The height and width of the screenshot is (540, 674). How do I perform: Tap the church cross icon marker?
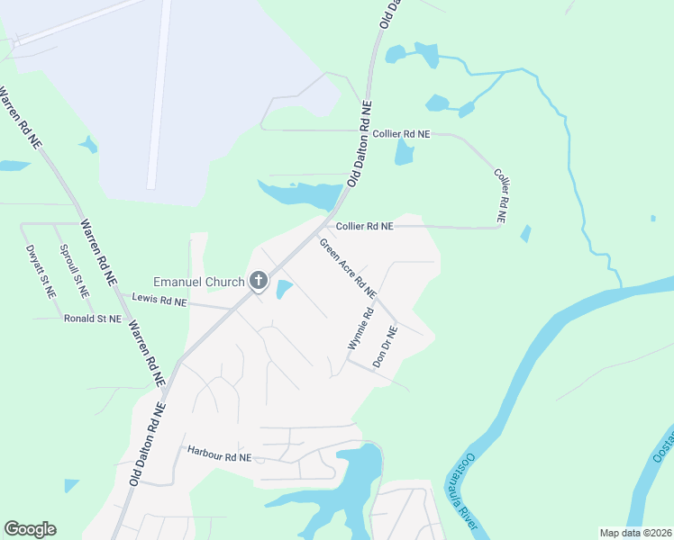pyautogui.click(x=258, y=282)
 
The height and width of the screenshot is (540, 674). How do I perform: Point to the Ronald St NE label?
pyautogui.click(x=93, y=318)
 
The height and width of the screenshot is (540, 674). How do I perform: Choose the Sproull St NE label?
pyautogui.click(x=74, y=271)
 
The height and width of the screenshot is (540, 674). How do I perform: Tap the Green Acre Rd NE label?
pyautogui.click(x=347, y=267)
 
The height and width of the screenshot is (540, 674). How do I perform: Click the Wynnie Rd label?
pyautogui.click(x=360, y=329)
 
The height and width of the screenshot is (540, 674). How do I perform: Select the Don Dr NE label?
pyautogui.click(x=385, y=346)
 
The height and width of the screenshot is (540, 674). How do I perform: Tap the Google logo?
pyautogui.click(x=30, y=529)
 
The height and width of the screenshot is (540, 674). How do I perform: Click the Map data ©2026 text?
pyautogui.click(x=635, y=533)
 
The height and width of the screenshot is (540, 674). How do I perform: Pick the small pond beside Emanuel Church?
pyautogui.click(x=283, y=289)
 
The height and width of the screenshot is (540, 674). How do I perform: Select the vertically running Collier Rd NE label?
pyautogui.click(x=502, y=195)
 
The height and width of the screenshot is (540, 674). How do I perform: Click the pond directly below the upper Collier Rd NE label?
pyautogui.click(x=403, y=153)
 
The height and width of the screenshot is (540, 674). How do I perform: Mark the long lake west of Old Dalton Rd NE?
pyautogui.click(x=302, y=193)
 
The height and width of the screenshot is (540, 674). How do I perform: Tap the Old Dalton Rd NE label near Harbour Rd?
pyautogui.click(x=148, y=445)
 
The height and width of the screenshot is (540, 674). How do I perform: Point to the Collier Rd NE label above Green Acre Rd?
pyautogui.click(x=364, y=227)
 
